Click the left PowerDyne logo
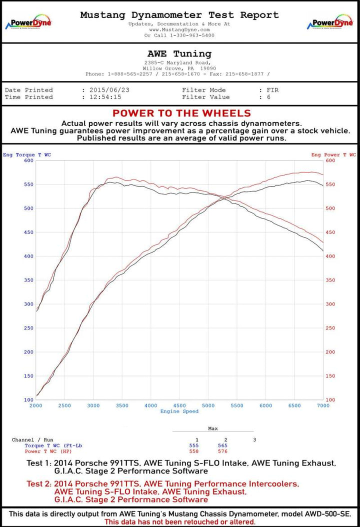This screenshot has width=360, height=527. click(x=28, y=23)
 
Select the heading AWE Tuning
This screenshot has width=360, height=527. click(x=179, y=53)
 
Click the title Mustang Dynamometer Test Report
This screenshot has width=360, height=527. click(x=179, y=15)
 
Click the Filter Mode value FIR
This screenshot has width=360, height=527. click(x=273, y=90)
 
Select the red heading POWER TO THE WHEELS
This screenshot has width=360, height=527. click(x=181, y=113)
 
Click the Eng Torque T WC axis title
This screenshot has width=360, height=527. click(x=27, y=155)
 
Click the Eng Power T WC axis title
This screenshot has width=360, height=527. click(x=333, y=155)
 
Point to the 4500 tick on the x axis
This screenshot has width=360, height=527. click(x=179, y=405)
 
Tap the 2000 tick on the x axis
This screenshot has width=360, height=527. click(x=36, y=405)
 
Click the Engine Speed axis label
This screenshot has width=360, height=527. click(x=179, y=411)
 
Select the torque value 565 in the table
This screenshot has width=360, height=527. click(x=222, y=445)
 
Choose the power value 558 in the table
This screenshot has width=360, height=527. click(x=194, y=451)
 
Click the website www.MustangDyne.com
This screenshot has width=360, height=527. click(x=179, y=29)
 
